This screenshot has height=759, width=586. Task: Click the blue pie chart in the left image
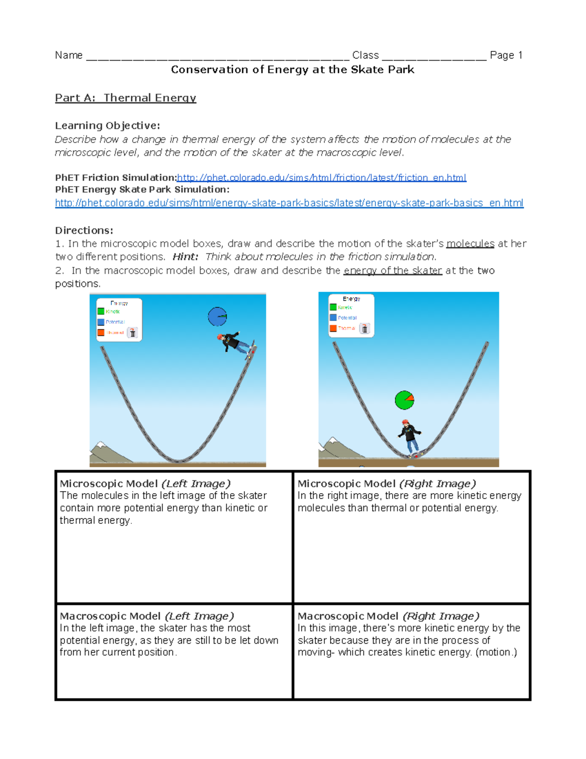217,317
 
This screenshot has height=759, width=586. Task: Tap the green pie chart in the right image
404,400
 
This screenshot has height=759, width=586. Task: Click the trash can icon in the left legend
132,333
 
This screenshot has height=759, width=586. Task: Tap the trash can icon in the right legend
365,328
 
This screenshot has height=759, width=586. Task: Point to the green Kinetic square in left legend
101,311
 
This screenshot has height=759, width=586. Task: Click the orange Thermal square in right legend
333,328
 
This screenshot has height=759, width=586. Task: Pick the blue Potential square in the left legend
101,322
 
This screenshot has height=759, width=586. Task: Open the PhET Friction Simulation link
321,177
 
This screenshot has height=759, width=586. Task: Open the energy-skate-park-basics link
289,203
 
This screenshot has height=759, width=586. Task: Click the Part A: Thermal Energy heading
126,98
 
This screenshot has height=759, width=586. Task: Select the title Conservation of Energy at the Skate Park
293,69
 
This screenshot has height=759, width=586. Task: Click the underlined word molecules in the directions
470,243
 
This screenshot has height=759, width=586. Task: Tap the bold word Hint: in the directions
186,257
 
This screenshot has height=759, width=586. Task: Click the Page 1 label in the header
506,55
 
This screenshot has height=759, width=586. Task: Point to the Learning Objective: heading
107,126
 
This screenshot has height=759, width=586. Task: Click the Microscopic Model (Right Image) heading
387,483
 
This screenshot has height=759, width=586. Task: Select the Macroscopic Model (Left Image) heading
147,616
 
